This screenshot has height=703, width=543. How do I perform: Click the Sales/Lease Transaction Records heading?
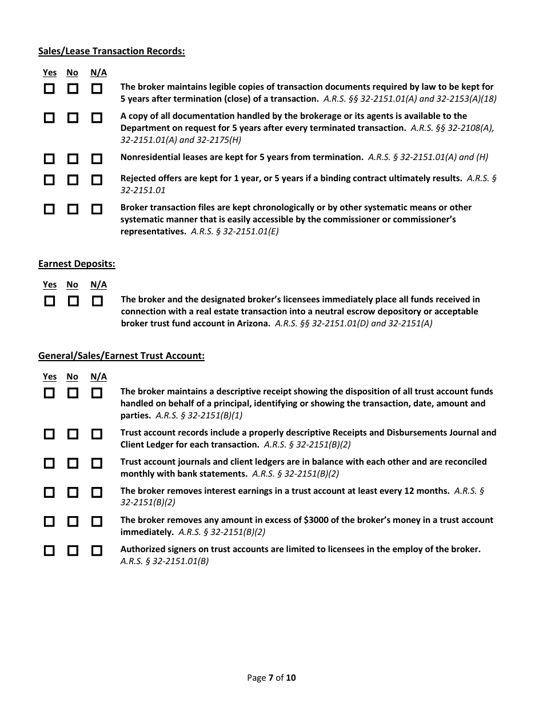point(111,51)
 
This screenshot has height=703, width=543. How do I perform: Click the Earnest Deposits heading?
point(77,263)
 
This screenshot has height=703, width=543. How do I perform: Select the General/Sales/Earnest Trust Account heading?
point(121,356)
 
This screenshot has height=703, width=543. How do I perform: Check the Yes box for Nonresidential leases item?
point(50,158)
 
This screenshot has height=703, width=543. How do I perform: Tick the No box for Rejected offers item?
point(73,180)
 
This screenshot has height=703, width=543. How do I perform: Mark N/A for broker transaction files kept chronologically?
point(97,209)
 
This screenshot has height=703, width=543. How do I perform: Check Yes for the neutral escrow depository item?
point(50,301)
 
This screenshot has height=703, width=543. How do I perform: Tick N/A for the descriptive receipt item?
point(97,393)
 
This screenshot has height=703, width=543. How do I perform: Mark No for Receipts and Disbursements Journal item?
point(73,434)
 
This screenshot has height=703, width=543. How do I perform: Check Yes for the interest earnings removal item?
point(50,492)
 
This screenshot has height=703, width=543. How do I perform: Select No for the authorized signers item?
point(73,551)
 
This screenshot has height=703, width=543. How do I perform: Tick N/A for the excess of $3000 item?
point(97,521)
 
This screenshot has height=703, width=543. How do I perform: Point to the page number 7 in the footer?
point(270,678)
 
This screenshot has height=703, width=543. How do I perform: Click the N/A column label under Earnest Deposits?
point(98,285)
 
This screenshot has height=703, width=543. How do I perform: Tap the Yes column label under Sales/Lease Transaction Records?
point(50,73)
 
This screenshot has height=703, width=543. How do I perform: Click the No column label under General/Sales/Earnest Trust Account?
point(72,377)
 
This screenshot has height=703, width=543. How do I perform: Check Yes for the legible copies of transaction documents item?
point(50,89)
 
